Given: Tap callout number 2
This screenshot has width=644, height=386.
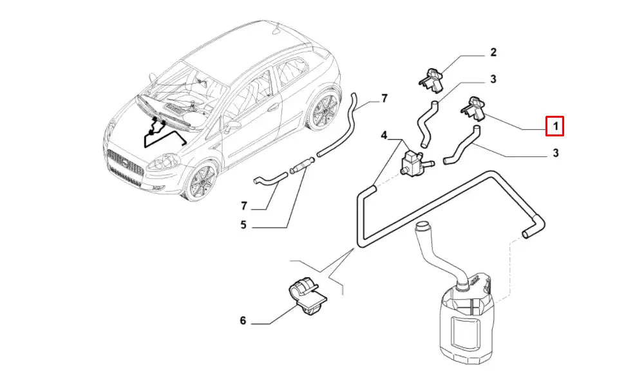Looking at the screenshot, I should pos(493,52).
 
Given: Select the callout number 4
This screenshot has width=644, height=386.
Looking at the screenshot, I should pos(384,136).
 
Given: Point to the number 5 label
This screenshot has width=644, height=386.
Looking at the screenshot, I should pos(243,226).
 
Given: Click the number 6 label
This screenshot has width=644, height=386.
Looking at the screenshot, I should pos(243,320).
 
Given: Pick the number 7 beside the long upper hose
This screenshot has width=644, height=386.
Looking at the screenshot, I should pos(384,98).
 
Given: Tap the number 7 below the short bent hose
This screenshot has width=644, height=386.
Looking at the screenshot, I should pos(244,206).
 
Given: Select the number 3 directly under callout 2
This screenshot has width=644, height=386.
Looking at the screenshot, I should pos(493,80).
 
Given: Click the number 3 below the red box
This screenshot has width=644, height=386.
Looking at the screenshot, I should pos(555,153).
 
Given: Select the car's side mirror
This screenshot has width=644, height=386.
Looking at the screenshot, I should pos(231,125).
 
